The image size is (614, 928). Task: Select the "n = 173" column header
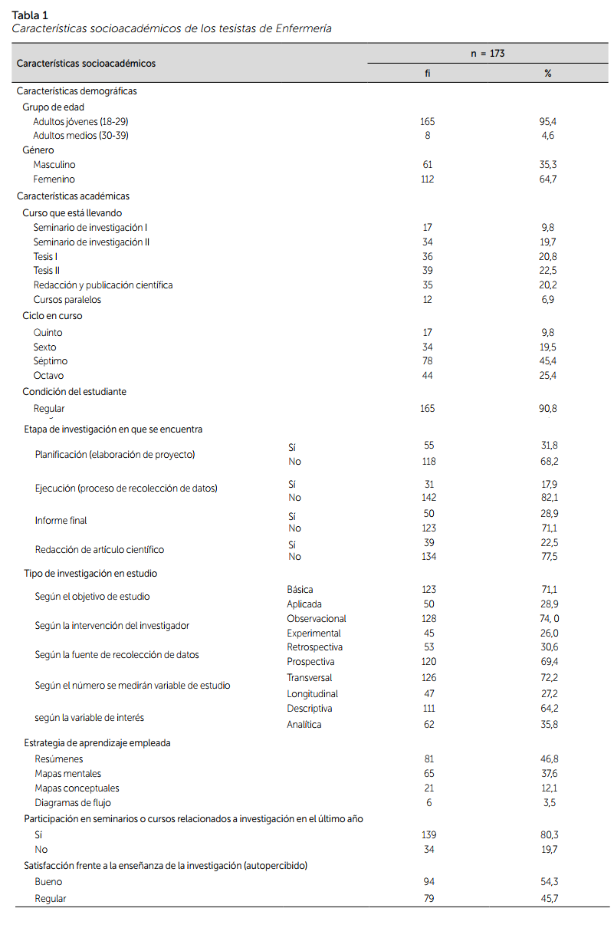click(x=488, y=54)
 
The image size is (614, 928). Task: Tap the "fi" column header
click(x=428, y=74)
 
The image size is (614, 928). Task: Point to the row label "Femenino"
click(x=54, y=179)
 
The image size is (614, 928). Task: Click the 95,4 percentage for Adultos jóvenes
click(x=547, y=121)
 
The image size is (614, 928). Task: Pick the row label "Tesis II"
click(x=47, y=271)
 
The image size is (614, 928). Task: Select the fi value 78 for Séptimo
click(x=428, y=361)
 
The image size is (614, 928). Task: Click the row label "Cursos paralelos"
click(x=67, y=300)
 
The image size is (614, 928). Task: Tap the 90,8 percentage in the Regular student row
click(x=547, y=409)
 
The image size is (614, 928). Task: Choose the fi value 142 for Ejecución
click(x=428, y=498)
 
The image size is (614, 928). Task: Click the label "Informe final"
click(x=61, y=521)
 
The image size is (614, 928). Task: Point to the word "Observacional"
click(x=317, y=619)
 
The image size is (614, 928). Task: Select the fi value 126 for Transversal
click(x=428, y=678)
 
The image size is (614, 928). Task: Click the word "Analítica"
click(x=304, y=724)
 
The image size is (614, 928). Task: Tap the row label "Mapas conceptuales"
click(x=77, y=788)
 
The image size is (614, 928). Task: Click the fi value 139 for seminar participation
click(x=428, y=834)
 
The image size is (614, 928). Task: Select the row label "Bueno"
click(x=48, y=882)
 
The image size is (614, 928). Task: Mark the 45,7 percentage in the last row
click(x=547, y=898)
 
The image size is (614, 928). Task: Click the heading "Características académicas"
click(x=73, y=196)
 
